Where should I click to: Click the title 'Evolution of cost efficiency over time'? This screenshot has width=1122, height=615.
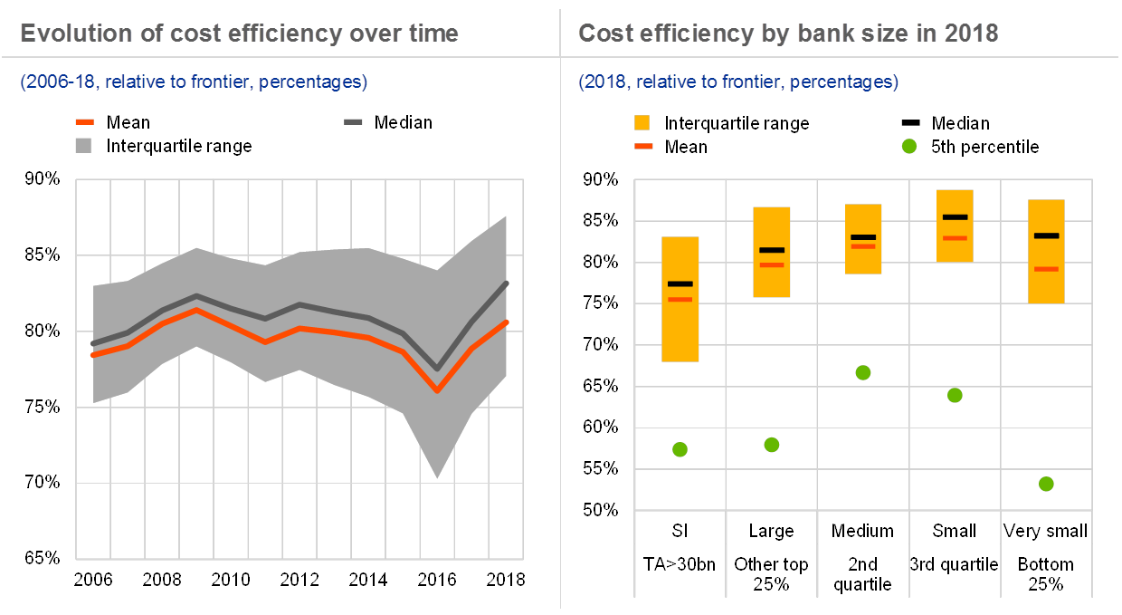(x=239, y=34)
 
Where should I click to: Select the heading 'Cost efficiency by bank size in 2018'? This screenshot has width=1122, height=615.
(x=788, y=34)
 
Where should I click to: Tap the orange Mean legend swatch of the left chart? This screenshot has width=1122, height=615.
(x=85, y=122)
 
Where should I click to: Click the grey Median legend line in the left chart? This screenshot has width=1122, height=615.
(x=354, y=122)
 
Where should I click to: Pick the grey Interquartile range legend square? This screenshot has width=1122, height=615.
(x=85, y=145)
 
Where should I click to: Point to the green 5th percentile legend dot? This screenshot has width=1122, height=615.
(x=909, y=146)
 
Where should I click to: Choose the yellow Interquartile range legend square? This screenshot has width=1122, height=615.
(x=643, y=122)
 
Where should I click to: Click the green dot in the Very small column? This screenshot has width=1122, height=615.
(x=1046, y=484)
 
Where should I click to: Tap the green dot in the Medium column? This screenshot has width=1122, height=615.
(x=863, y=372)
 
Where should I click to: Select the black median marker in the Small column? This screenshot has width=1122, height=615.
(x=955, y=217)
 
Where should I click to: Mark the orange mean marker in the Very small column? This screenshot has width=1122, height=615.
(x=1046, y=269)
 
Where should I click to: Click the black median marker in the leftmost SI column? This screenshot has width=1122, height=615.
(x=680, y=284)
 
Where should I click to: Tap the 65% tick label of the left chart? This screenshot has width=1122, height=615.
(x=43, y=557)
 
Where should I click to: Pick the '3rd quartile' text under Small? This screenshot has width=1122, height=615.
(x=955, y=564)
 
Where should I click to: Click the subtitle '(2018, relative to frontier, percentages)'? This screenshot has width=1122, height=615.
(x=738, y=82)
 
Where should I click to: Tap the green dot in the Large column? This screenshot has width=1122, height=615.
(x=772, y=445)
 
